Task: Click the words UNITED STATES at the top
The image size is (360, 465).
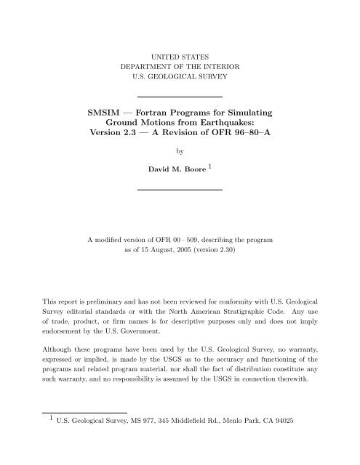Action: (x=180, y=55)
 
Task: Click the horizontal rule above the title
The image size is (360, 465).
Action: (x=180, y=96)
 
